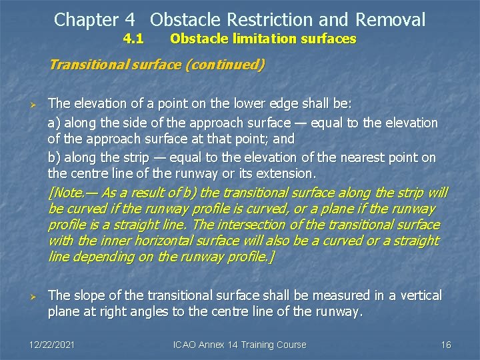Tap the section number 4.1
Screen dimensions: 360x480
133,39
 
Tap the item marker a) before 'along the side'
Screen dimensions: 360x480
53,123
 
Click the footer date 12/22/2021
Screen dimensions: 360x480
52,345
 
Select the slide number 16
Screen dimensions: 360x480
446,345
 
